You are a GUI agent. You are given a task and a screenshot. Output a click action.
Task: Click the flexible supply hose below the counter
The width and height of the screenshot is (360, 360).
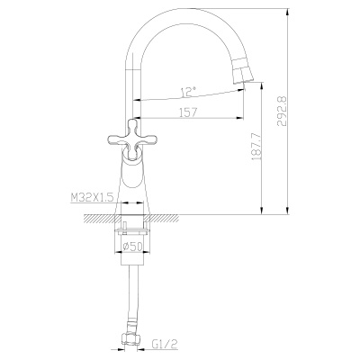(x=134, y=297)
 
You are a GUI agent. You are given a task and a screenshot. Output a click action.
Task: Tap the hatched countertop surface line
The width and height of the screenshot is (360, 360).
(x=180, y=215)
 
